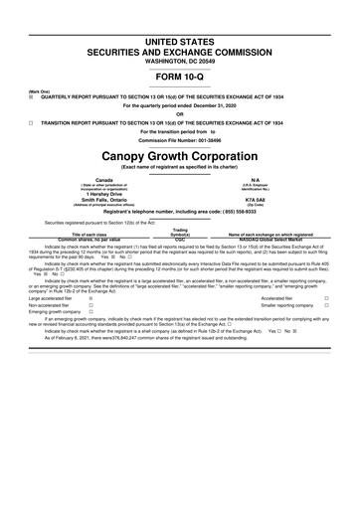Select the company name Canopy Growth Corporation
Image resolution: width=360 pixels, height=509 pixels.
coord(180,159)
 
